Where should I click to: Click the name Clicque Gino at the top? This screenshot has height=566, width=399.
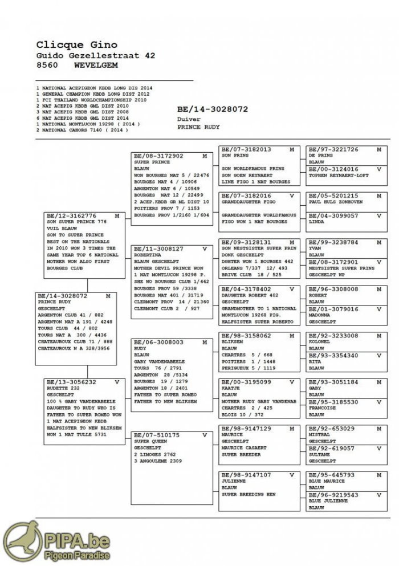(x=77, y=44)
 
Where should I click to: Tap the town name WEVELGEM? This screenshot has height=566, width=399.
(x=96, y=66)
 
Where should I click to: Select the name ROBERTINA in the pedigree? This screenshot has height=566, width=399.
(x=148, y=255)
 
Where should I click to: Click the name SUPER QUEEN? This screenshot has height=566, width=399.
(x=150, y=442)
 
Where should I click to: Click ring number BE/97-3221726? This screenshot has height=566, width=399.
(x=333, y=149)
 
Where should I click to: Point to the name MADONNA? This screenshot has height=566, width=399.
(x=319, y=315)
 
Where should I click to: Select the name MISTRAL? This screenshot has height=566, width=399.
(x=319, y=435)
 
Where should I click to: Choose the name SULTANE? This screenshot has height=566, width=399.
(x=319, y=455)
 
